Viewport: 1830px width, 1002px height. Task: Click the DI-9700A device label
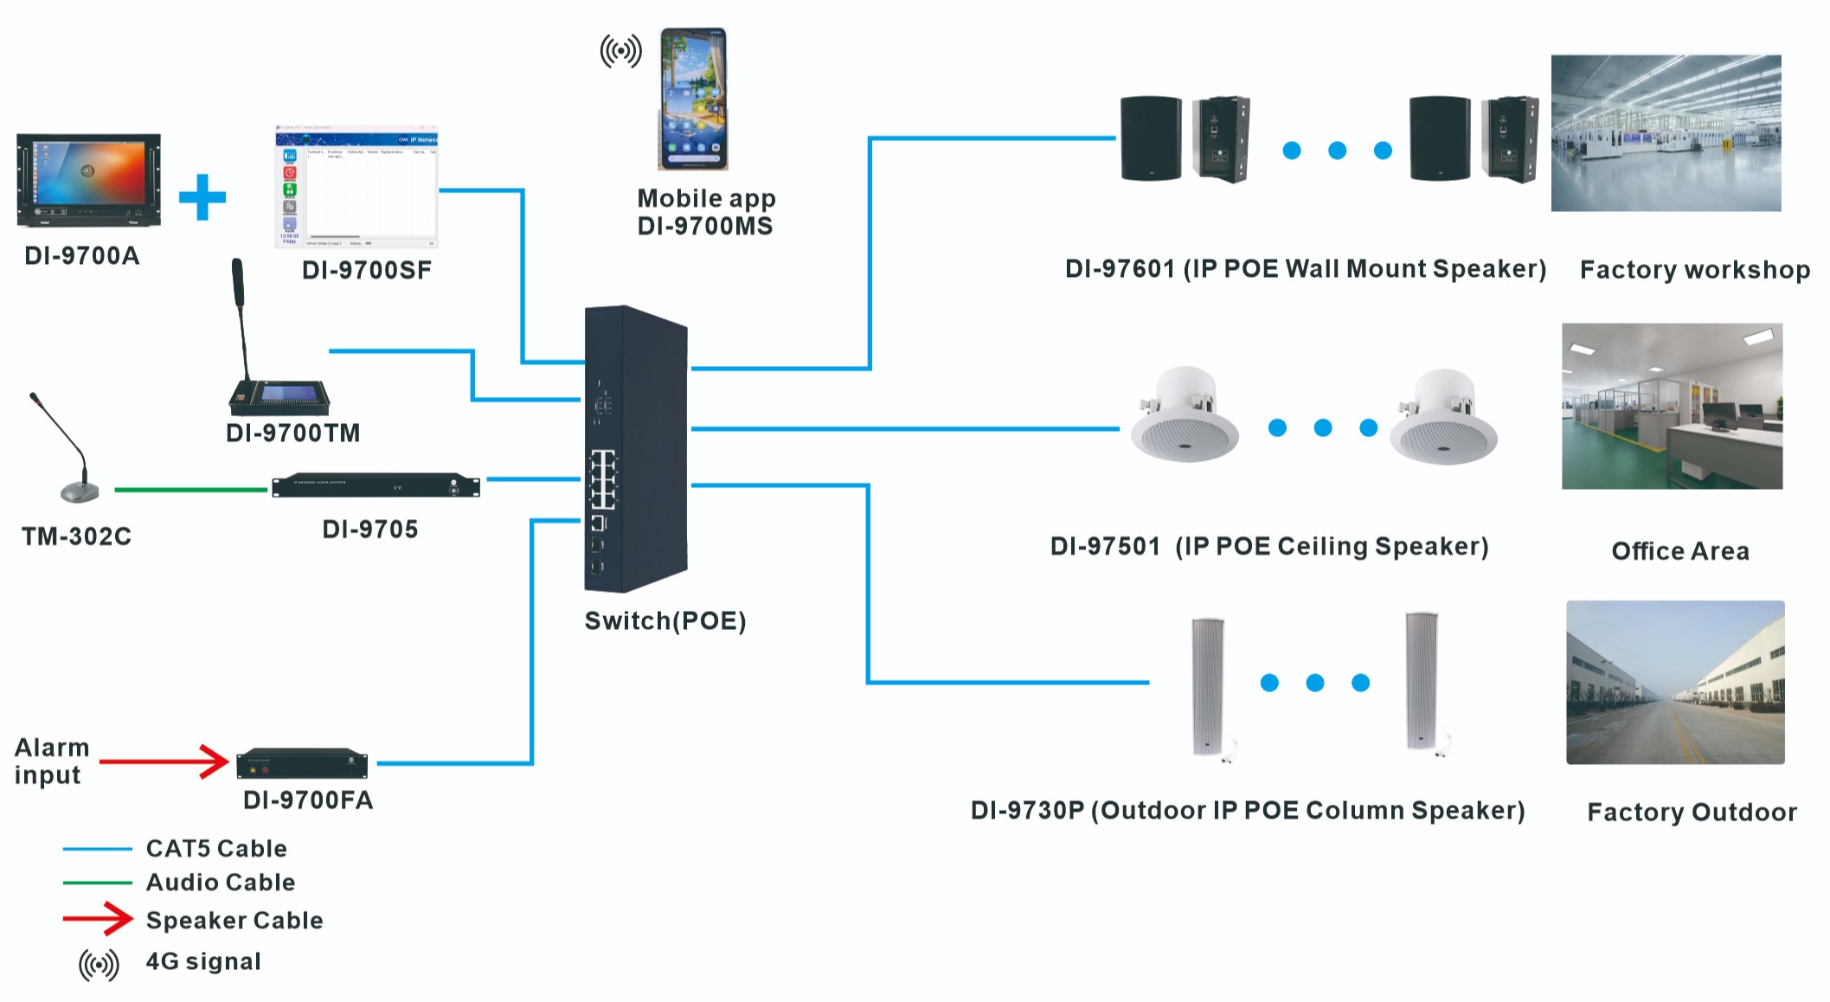81,256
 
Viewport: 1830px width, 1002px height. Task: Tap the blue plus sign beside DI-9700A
202,197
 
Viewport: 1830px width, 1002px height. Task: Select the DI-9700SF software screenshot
356,187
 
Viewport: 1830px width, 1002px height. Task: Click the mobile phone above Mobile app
693,99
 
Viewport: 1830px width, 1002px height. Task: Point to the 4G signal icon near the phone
621,51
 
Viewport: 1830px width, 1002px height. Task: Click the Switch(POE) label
665,621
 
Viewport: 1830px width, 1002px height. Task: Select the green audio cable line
190,490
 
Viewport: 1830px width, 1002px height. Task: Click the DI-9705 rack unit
376,486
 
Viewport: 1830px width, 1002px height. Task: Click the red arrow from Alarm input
164,761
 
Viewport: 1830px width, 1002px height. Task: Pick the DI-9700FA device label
308,800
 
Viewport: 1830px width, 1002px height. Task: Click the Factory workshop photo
1666,133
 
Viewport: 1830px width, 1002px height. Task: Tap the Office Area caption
1679,551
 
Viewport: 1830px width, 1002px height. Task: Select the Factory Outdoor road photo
1675,682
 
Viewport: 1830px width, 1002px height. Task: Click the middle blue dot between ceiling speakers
1323,427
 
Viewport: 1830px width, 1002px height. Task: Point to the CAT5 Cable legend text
216,849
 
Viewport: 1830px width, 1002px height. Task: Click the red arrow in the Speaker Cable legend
98,919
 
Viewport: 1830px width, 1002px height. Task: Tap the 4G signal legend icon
99,964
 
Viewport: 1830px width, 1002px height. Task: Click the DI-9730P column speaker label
1247,811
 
